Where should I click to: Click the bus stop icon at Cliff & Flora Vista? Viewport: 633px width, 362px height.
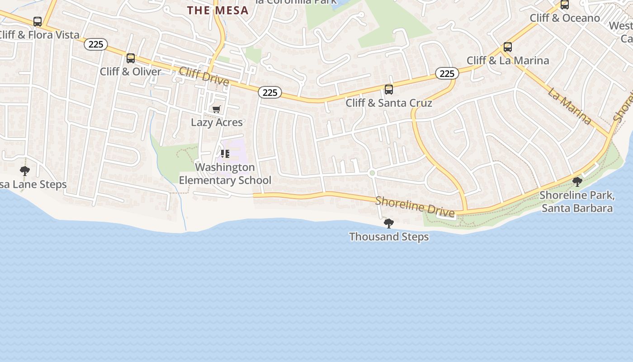[38, 22]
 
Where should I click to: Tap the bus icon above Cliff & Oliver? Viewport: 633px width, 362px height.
[131, 58]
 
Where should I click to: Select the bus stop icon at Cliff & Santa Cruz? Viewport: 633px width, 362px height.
[389, 90]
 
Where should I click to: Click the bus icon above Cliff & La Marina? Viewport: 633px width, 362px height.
[508, 47]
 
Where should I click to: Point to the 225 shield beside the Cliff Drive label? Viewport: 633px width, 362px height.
[270, 93]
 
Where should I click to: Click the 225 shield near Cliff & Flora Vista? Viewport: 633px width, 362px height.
[96, 44]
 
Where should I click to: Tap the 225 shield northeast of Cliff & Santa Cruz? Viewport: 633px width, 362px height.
[447, 73]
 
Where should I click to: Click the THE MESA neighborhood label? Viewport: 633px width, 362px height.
[218, 10]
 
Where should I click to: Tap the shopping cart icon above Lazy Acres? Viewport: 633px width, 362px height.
[217, 109]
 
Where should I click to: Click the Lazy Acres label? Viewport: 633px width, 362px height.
[217, 122]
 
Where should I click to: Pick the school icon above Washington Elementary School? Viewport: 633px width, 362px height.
[225, 154]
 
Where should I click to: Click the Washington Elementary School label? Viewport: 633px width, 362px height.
[225, 174]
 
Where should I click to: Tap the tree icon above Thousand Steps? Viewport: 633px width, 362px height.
[388, 223]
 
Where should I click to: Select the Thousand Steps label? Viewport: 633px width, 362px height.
[389, 237]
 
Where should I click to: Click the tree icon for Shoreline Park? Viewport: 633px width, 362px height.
[577, 182]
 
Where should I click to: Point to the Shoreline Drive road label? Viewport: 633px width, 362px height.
[415, 206]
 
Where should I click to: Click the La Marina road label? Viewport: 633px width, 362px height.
[570, 107]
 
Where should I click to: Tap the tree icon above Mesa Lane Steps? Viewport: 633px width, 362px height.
[25, 171]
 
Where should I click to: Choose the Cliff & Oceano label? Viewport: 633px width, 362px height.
[565, 18]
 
